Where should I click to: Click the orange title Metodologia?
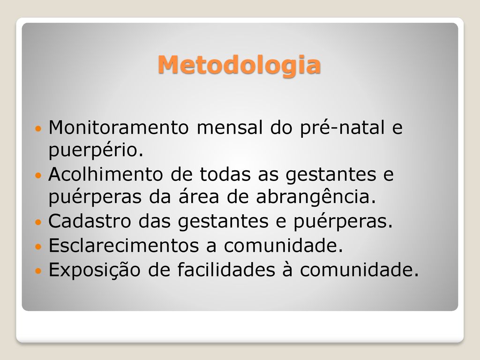coord(239,65)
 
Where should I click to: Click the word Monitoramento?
coord(119,127)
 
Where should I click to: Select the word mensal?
coord(230,127)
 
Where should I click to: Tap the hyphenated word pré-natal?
coord(342,127)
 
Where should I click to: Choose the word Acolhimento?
coord(105,174)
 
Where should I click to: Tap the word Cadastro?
coord(90,221)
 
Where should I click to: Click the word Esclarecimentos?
coord(124,245)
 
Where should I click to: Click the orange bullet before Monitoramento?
coord(38,128)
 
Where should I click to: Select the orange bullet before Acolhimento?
coord(38,175)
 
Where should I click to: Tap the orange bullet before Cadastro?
coord(38,222)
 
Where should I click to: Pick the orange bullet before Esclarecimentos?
coord(38,247)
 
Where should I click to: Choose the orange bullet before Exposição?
coord(38,271)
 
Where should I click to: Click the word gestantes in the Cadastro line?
coord(224,222)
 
